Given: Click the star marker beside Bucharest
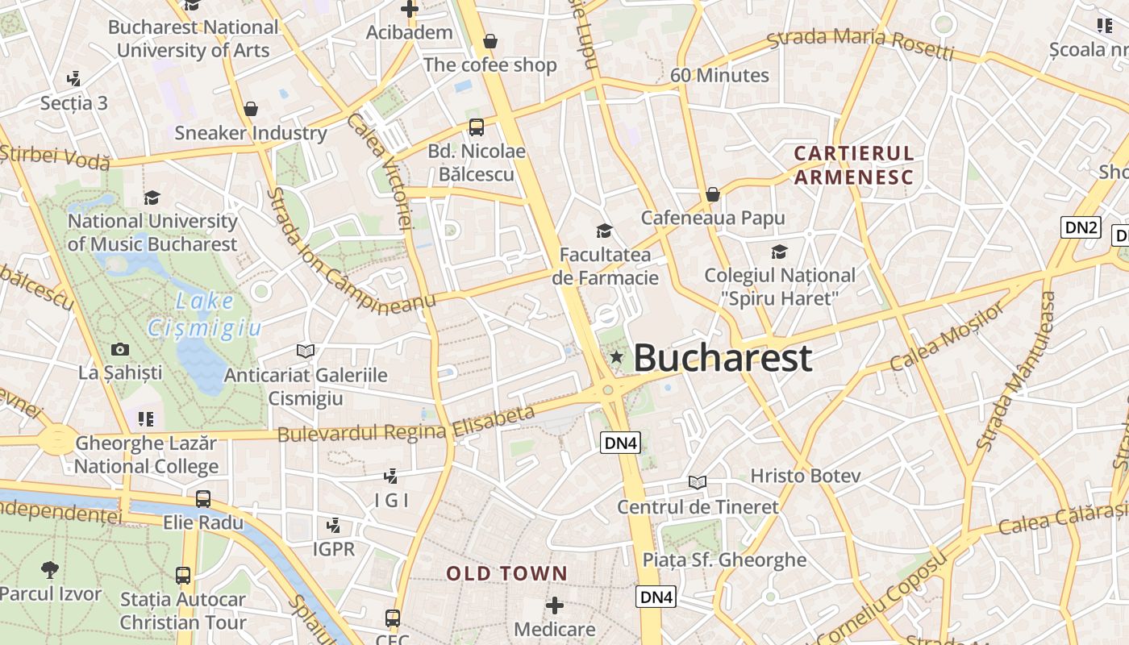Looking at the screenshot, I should (x=617, y=356).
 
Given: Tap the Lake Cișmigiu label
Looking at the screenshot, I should (x=205, y=314).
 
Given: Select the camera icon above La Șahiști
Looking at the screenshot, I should (x=120, y=349).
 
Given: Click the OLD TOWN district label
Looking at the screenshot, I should (x=507, y=574).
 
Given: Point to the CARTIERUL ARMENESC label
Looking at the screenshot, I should (x=854, y=165).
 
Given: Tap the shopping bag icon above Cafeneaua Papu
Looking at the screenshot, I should (x=713, y=194).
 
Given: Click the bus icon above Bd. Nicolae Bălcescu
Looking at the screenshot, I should (x=477, y=127).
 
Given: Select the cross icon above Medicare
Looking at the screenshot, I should (x=555, y=605).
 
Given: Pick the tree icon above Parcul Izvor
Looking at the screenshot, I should (x=50, y=570).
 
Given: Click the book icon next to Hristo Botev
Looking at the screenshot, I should (x=698, y=482).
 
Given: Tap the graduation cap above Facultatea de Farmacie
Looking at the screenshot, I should (x=604, y=231).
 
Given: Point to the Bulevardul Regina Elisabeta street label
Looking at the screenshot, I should (x=406, y=425).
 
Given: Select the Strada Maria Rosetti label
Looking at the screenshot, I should (x=860, y=44).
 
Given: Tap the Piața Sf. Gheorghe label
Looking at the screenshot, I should (x=724, y=560).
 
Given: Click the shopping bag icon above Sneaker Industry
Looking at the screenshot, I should (x=251, y=109).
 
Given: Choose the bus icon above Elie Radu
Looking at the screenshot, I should (x=203, y=499).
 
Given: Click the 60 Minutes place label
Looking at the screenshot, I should (x=719, y=76).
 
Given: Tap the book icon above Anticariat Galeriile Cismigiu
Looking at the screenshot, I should (x=305, y=351).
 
